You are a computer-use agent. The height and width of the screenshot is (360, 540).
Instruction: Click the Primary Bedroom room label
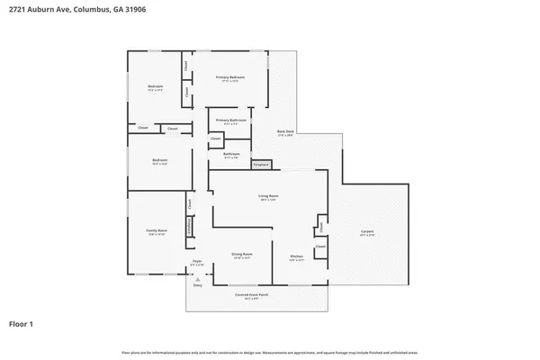[229, 78]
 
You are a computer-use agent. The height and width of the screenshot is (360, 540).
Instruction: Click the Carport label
[367, 232]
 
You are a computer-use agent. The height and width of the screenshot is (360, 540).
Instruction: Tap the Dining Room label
[241, 255]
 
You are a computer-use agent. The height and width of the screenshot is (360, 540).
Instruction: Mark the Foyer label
[197, 262]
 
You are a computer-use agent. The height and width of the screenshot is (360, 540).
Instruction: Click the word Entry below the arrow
[197, 284]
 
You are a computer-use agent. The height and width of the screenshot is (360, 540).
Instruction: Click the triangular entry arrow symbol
[197, 277]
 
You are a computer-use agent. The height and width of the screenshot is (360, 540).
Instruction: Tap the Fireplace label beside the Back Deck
[261, 165]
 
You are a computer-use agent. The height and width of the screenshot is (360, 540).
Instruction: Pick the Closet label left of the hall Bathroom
[216, 139]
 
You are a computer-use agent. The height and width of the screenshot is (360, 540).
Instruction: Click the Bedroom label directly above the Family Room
[159, 161]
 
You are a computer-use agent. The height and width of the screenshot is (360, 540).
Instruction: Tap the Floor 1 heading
[22, 322]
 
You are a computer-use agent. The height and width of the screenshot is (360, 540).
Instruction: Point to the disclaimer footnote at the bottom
[269, 351]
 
